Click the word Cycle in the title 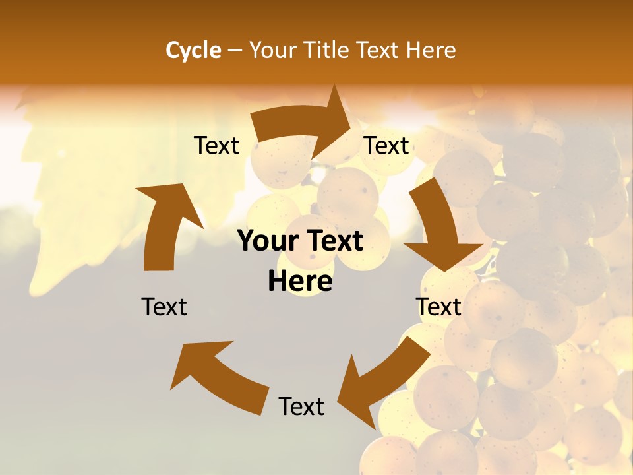pos(193,50)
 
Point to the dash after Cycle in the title pos(235,51)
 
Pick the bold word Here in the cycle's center pos(300,282)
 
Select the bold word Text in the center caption pos(332,241)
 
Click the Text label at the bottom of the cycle pos(301,406)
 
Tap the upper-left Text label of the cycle pos(216,146)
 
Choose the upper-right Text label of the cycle pos(386,146)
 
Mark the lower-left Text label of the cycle pos(164,307)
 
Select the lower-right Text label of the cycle pos(438,307)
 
